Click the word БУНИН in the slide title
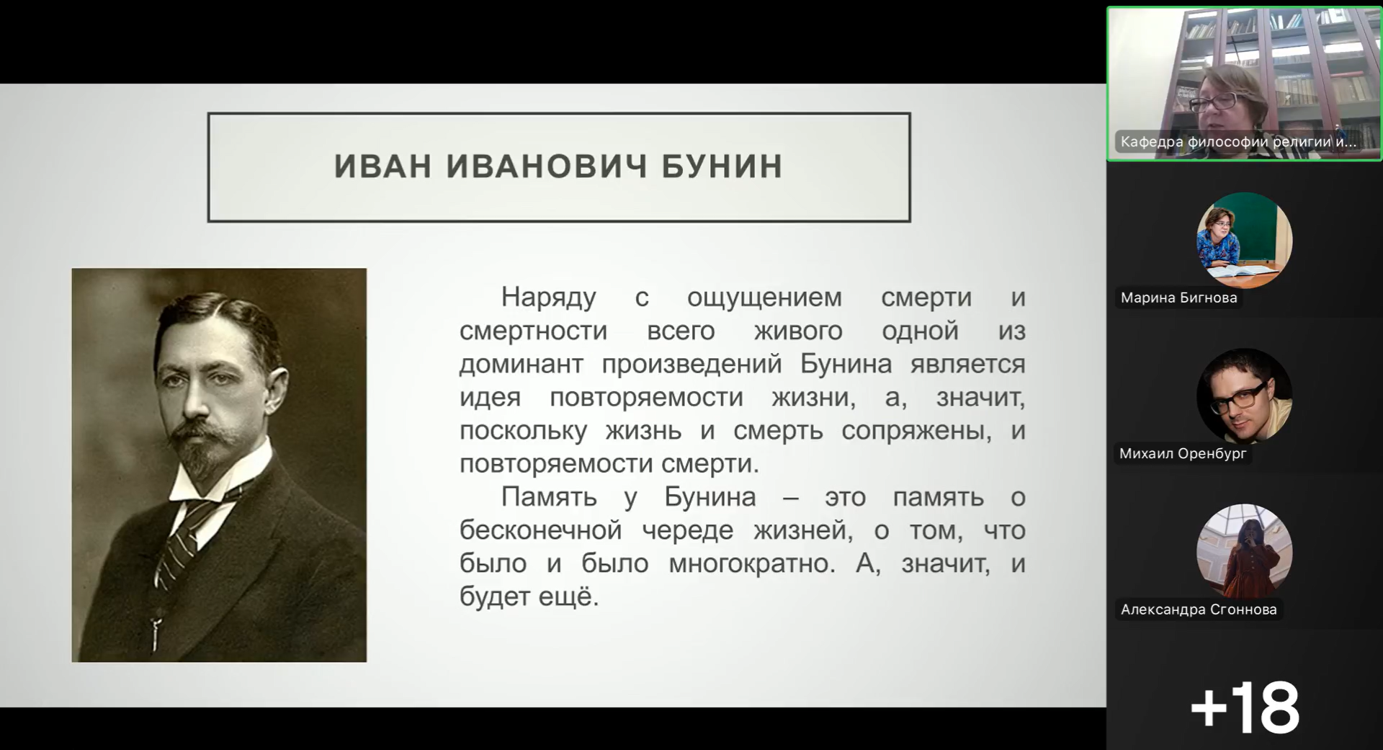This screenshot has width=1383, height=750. (x=722, y=166)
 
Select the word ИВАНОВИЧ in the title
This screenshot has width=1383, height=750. (x=547, y=166)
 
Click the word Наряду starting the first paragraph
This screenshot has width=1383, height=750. (x=549, y=298)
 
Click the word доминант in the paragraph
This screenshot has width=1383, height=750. (x=521, y=364)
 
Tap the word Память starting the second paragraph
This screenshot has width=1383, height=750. (x=549, y=497)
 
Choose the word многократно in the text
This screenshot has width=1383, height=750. (x=752, y=563)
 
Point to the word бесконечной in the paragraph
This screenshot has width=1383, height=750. (x=541, y=530)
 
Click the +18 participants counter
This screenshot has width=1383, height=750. (x=1245, y=707)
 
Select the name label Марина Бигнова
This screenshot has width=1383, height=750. (x=1178, y=298)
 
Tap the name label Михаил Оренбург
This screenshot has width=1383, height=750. (x=1182, y=454)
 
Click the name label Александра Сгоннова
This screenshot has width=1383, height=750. (x=1199, y=610)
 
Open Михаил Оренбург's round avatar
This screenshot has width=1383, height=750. (x=1244, y=396)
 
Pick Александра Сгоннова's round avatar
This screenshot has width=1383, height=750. (x=1244, y=551)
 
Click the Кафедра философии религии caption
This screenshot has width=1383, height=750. (x=1238, y=142)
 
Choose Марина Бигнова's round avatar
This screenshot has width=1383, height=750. (x=1244, y=240)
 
